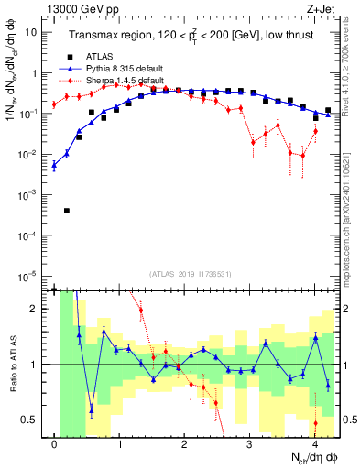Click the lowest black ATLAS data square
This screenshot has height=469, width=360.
(x=67, y=211)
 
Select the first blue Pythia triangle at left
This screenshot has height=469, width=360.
(x=54, y=166)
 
